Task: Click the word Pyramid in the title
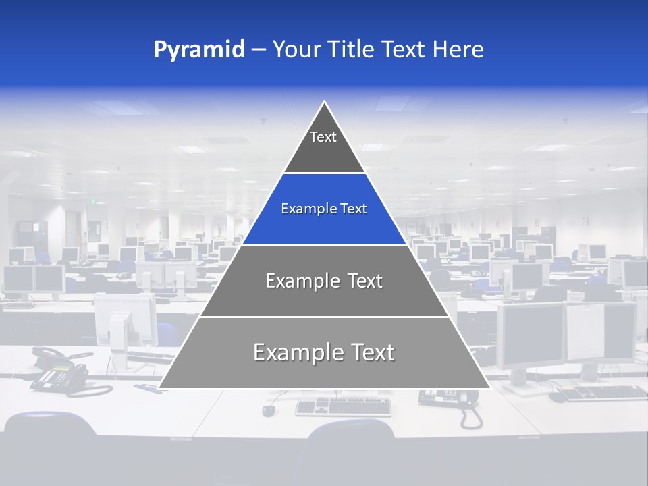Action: click(x=199, y=50)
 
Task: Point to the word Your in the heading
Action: click(x=296, y=50)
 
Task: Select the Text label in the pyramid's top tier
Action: click(x=323, y=137)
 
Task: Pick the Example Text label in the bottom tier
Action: click(x=324, y=352)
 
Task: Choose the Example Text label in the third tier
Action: click(x=324, y=281)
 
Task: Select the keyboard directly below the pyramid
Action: click(x=344, y=406)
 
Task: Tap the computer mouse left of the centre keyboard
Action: click(x=269, y=410)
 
